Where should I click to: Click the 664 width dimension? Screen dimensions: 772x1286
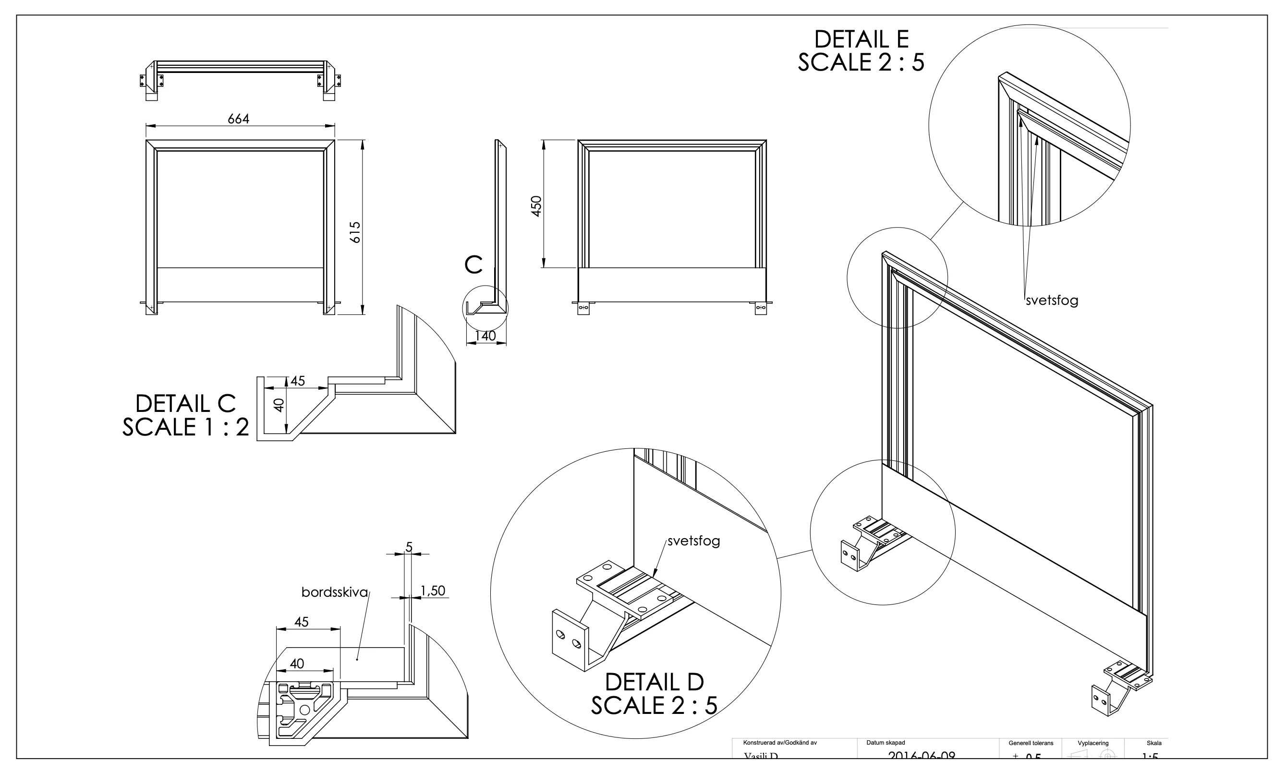[238, 119]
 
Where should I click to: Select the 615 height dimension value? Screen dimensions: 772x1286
[355, 232]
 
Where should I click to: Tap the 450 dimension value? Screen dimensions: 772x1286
[536, 206]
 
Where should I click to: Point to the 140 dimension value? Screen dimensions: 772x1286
[485, 336]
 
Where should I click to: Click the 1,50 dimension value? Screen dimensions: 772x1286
[433, 591]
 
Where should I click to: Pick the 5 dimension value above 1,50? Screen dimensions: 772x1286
[409, 547]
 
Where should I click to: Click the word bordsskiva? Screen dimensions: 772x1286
[335, 592]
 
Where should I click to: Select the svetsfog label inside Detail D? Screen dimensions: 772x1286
[693, 541]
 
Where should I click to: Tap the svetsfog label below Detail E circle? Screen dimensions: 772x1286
[1051, 301]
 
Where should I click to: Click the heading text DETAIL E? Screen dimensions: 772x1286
[861, 39]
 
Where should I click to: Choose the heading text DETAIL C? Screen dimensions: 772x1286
[185, 404]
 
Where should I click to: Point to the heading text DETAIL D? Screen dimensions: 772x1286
[654, 682]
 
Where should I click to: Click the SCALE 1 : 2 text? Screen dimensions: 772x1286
[185, 428]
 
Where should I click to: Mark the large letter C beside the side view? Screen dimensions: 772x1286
[473, 265]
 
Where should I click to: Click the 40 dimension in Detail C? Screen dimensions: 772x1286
[279, 405]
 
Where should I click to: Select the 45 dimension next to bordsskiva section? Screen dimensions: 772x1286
[301, 622]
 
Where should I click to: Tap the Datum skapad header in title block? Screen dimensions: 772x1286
[886, 743]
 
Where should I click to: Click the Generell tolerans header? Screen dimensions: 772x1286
[1031, 743]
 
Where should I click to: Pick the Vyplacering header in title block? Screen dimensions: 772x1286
[1093, 743]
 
